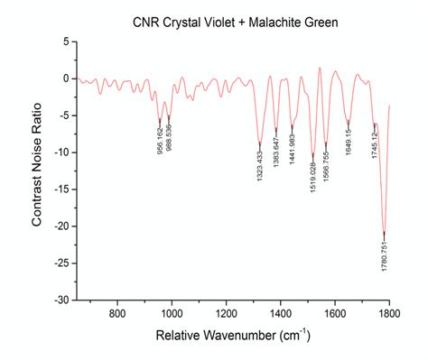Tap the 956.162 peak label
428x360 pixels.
click(160, 138)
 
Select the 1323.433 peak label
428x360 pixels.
click(260, 163)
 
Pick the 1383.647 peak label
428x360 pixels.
click(276, 152)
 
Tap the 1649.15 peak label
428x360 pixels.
click(349, 140)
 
